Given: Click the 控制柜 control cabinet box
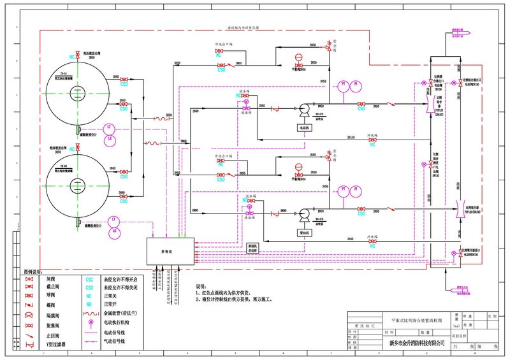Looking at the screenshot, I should click(170, 251).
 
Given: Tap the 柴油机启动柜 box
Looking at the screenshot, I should click(252, 247).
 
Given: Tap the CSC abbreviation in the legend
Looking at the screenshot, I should click(89, 279).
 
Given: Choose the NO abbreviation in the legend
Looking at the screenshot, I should click(89, 303).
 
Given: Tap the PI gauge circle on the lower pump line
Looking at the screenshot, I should click(356, 190).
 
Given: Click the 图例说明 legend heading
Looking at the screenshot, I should click(32, 271).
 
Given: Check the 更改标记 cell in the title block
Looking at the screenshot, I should click(365, 324).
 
